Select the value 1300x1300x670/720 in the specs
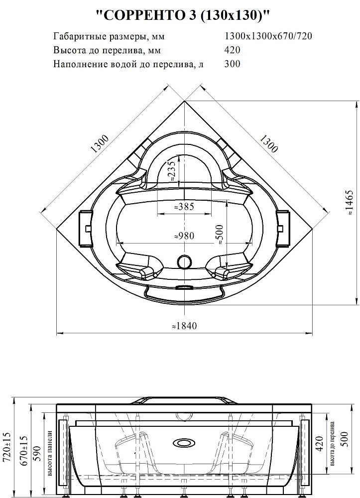pos(268,36)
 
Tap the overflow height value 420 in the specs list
pos(232,50)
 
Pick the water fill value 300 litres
pos(232,64)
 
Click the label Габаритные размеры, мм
pos(109,36)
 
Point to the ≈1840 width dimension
pos(184,326)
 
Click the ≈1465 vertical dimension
pos(349,203)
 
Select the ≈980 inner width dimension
pos(184,236)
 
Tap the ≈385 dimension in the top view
pos(184,207)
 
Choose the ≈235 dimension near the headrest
pos(172,170)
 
